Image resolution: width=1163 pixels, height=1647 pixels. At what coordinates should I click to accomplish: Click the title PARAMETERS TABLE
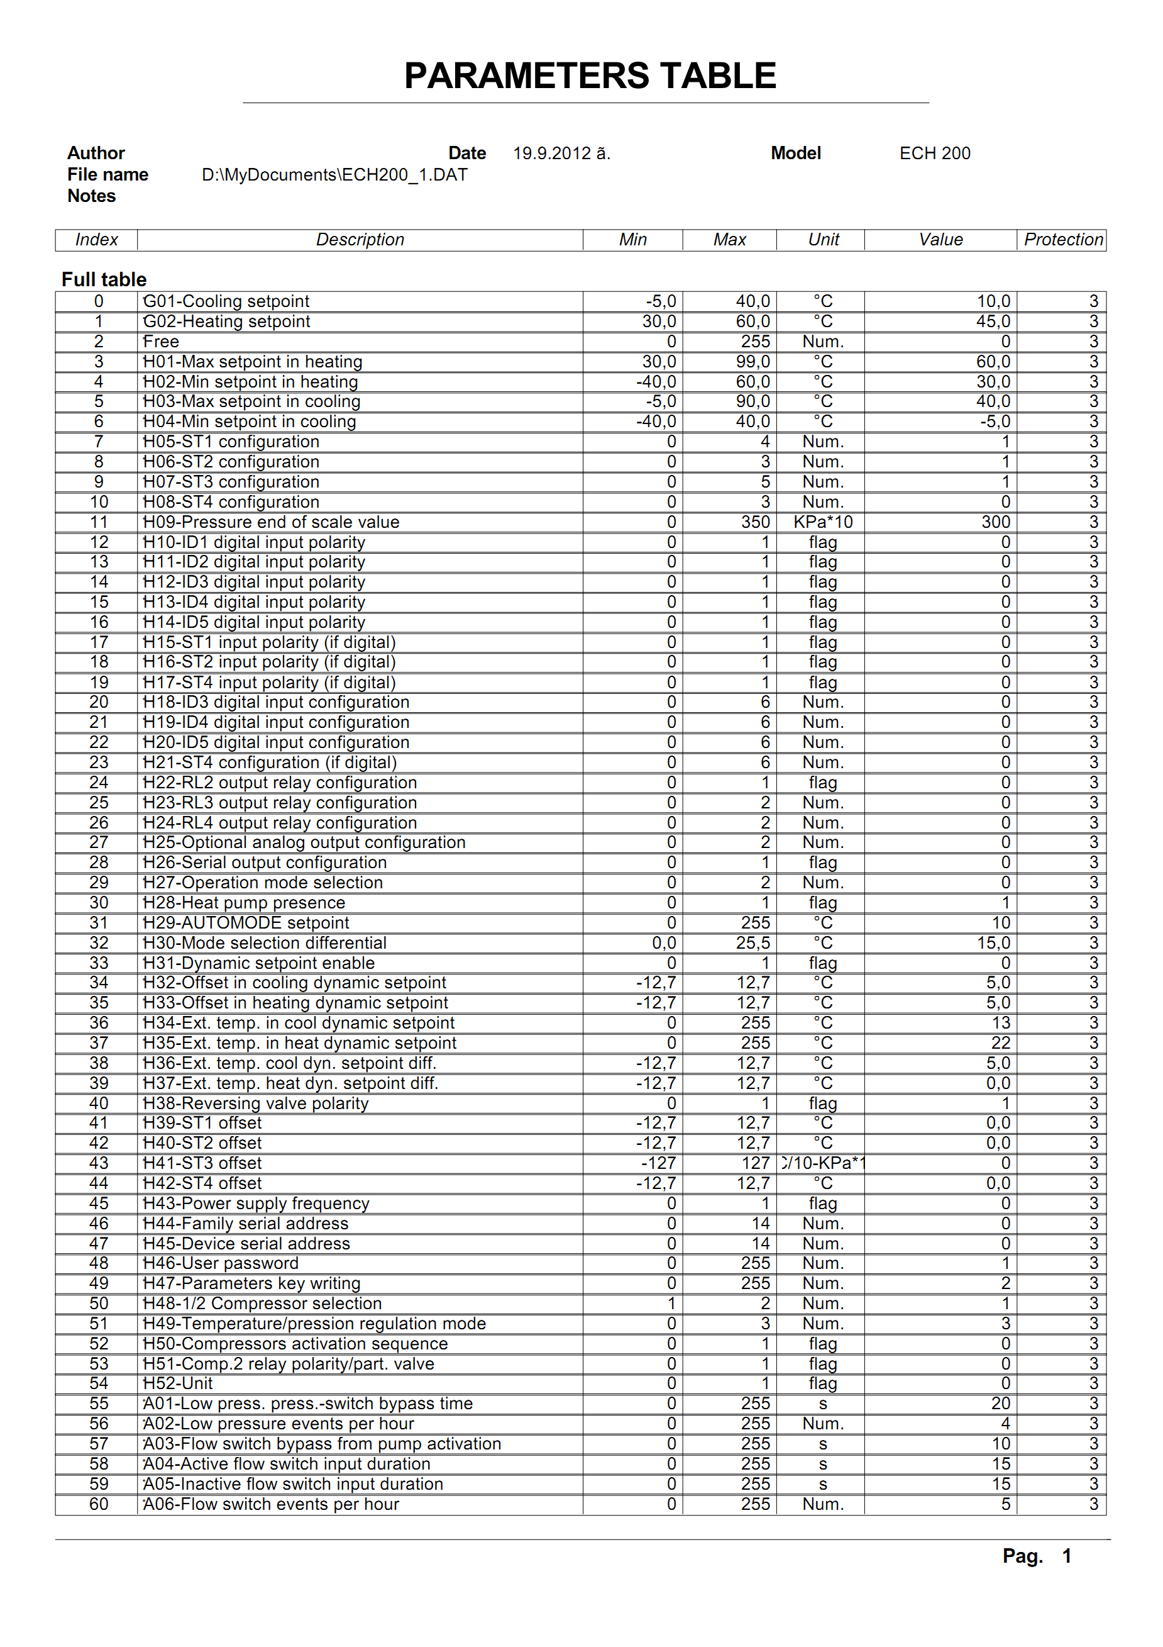(x=590, y=76)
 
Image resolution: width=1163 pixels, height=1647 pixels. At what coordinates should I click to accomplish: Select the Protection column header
(x=1062, y=240)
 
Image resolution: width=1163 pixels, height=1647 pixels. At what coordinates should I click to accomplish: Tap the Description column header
(x=360, y=240)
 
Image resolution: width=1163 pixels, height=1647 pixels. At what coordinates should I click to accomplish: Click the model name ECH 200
(x=934, y=154)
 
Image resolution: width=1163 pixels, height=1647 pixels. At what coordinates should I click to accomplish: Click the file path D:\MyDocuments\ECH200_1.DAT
(x=334, y=175)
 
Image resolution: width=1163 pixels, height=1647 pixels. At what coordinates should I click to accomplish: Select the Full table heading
(x=104, y=280)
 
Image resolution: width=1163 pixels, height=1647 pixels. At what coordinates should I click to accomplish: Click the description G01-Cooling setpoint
(x=226, y=301)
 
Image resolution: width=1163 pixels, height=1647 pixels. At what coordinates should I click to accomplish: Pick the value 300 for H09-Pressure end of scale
(x=995, y=522)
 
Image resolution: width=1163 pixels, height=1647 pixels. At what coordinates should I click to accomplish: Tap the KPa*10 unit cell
(x=822, y=522)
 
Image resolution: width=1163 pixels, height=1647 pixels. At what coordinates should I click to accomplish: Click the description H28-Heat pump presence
(x=244, y=903)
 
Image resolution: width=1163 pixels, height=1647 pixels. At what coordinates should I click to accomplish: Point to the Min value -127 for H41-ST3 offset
(x=658, y=1163)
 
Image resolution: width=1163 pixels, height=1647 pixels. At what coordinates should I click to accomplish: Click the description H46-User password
(x=221, y=1263)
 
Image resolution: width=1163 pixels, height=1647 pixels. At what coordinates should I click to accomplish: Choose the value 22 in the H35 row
(x=1000, y=1043)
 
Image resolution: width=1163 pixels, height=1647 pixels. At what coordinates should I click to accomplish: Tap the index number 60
(x=99, y=1504)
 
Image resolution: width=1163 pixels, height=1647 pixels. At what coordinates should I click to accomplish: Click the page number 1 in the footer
(x=1066, y=1556)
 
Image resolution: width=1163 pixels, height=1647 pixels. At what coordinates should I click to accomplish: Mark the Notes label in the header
(x=92, y=196)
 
